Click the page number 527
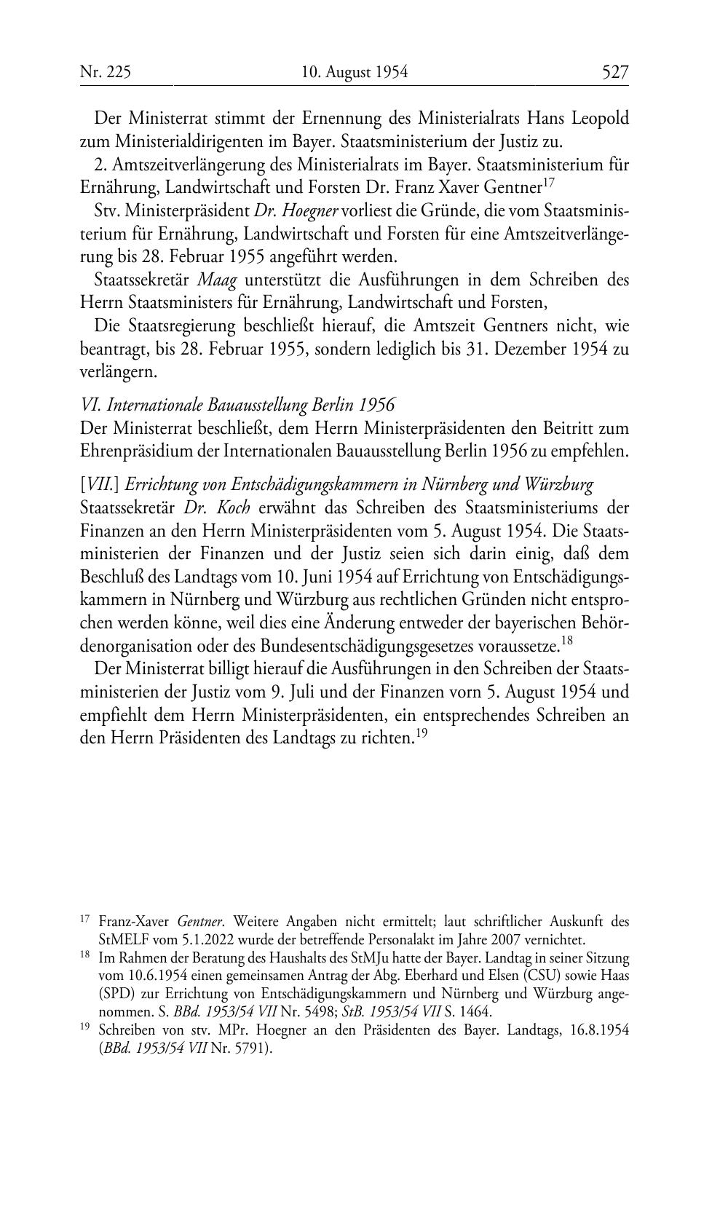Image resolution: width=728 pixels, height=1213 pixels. tap(614, 72)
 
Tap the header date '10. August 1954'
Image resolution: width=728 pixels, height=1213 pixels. tap(355, 72)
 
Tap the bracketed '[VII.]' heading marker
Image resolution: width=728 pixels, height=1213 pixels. tap(99, 485)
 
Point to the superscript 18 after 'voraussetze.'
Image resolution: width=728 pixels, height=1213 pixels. tap(569, 641)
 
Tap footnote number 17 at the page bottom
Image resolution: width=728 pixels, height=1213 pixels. tap(84, 920)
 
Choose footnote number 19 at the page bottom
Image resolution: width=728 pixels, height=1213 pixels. tap(84, 1028)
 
